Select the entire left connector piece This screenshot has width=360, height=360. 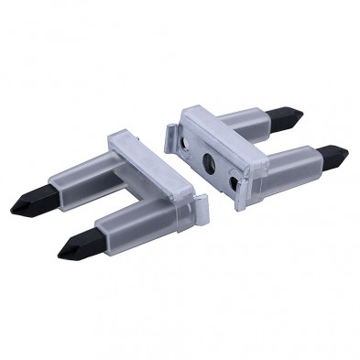[119, 192]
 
